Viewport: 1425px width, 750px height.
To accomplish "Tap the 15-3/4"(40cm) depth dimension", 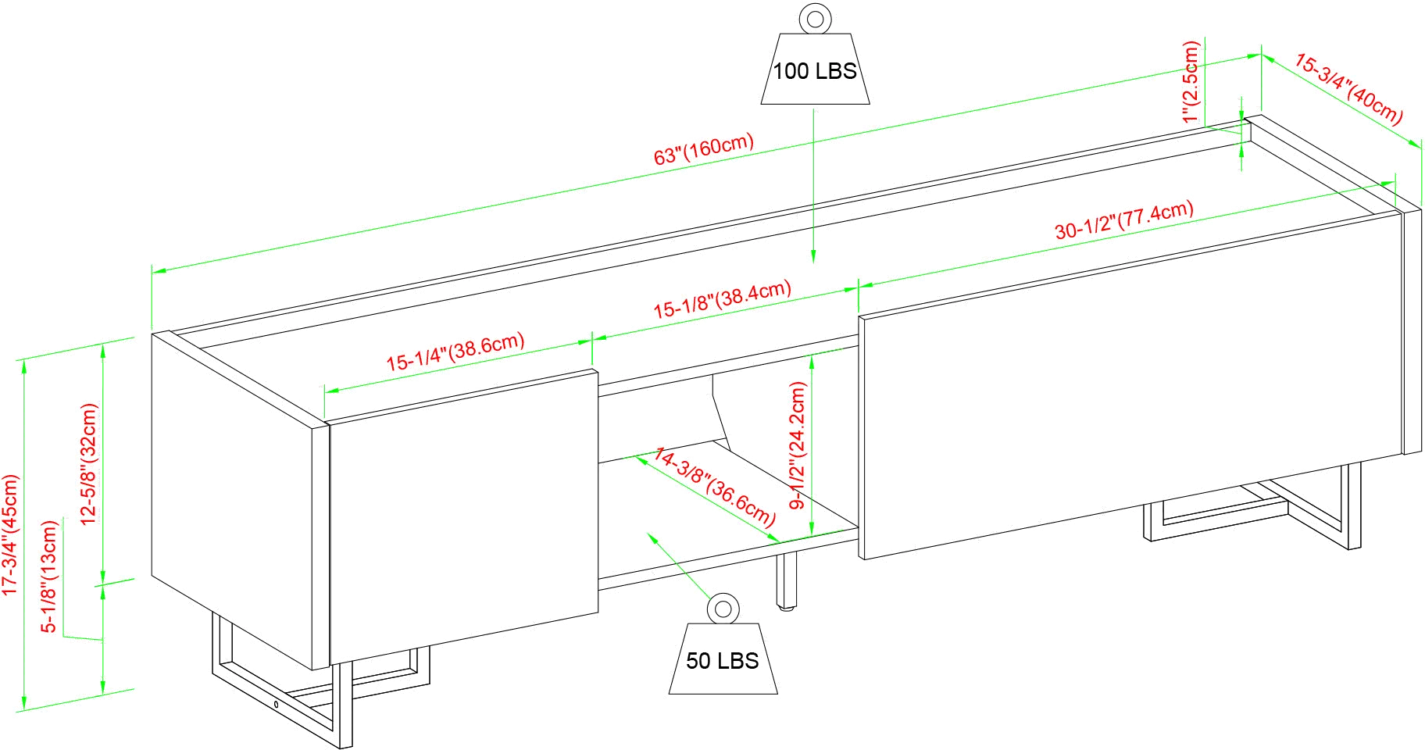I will [x=1348, y=89].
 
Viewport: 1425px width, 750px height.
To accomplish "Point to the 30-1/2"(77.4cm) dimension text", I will [x=1124, y=220].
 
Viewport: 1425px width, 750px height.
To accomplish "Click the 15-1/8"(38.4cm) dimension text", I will [x=722, y=299].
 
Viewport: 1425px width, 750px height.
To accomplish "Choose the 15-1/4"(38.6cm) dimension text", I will [x=455, y=353].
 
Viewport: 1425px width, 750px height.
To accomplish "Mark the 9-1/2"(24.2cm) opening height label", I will [x=797, y=445].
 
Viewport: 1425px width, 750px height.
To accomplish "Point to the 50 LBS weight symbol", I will [x=723, y=660].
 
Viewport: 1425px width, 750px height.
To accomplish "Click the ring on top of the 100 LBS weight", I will [x=816, y=18].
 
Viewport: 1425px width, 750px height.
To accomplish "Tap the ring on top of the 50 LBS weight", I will [x=723, y=607].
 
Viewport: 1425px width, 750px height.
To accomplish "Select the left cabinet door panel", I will [x=461, y=523].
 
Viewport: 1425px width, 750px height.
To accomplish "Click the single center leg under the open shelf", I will [x=789, y=582].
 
